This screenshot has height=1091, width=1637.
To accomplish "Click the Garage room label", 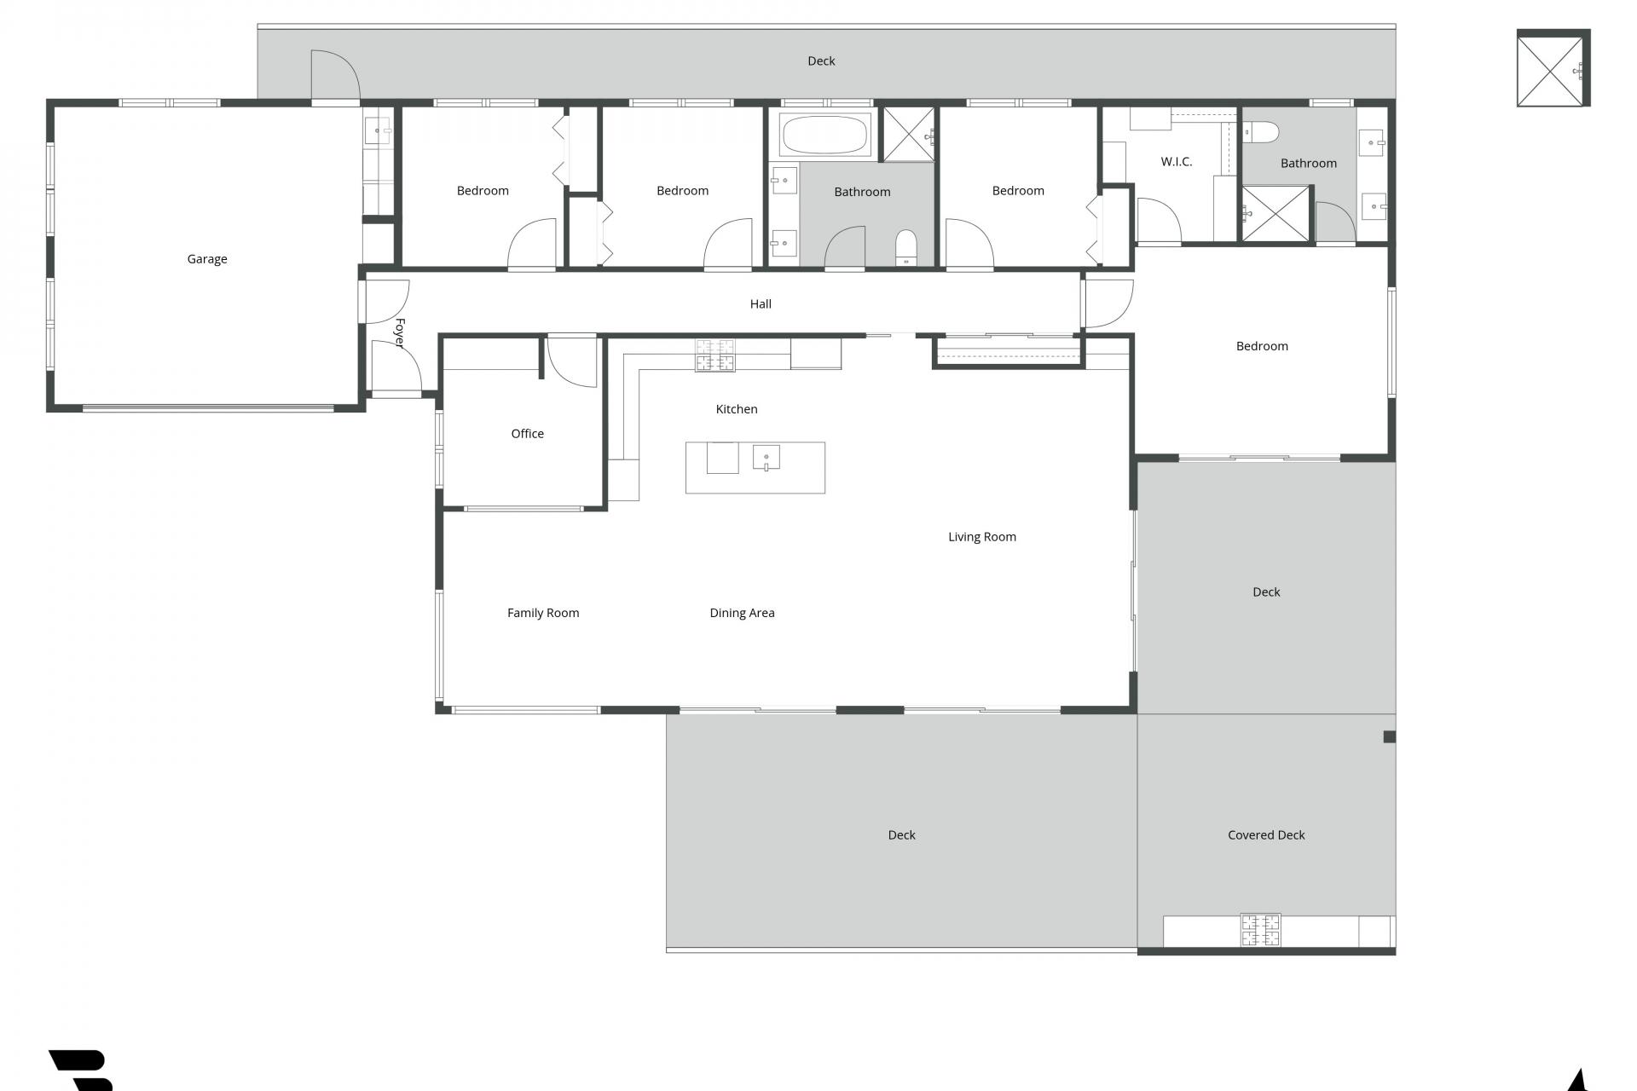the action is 207,259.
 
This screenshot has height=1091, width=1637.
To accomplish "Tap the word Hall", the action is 761,303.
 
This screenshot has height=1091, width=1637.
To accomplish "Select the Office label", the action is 527,434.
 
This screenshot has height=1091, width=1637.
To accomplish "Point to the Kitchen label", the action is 737,409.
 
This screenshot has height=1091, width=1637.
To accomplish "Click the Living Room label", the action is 982,537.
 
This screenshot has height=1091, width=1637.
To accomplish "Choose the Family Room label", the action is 543,613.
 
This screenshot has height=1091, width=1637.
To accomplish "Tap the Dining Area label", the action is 742,613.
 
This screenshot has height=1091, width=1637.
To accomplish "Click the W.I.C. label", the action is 1177,162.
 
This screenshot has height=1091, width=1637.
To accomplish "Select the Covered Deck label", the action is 1266,835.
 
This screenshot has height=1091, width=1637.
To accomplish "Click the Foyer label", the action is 399,333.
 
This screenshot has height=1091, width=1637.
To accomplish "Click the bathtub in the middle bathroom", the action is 824,135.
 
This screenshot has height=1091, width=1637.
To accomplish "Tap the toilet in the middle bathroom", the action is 905,247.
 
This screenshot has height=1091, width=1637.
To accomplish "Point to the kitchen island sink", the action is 766,458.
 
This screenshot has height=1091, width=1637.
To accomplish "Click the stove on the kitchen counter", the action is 714,355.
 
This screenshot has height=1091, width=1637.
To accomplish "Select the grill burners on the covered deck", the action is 1260,930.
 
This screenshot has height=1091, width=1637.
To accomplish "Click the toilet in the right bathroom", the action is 1261,132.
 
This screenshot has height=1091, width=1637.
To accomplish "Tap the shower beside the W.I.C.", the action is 1275,213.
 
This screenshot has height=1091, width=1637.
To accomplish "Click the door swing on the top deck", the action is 335,75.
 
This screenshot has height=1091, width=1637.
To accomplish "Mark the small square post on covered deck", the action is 1389,736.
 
